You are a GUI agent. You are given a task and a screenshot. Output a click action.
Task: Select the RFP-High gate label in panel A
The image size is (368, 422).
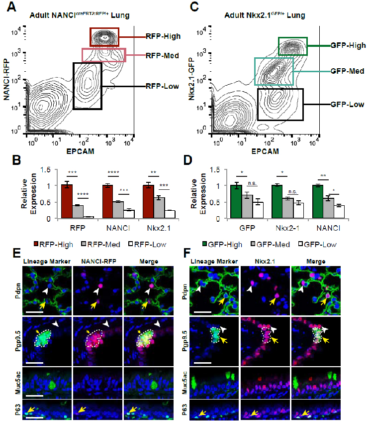tap(163, 36)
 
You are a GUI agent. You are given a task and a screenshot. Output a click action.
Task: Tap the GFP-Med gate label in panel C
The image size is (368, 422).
tap(348, 71)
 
